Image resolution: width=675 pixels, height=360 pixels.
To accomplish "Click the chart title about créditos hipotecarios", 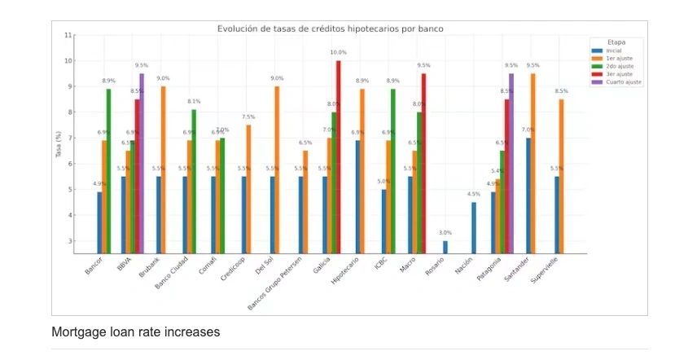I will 330,29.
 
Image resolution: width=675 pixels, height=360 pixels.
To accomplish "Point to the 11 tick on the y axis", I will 68,35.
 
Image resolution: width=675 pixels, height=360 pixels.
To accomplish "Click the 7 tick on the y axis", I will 69,138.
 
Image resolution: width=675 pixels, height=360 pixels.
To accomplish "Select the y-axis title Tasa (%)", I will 58,143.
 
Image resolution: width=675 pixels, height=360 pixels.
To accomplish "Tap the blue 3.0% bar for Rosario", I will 445,247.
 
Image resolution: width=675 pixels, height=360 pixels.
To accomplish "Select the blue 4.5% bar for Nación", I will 474,227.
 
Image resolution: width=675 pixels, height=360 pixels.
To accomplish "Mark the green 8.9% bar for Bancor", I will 108,170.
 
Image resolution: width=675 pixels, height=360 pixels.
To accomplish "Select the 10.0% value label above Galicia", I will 338,53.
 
